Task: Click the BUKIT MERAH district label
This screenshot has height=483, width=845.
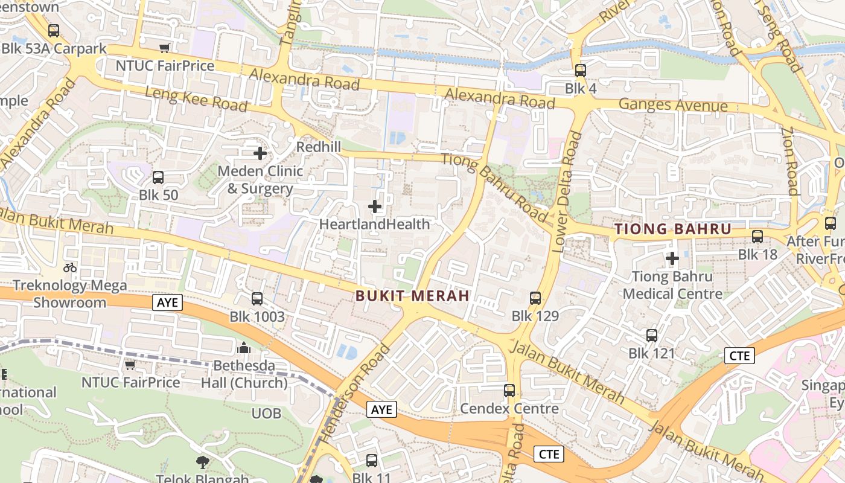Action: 413,296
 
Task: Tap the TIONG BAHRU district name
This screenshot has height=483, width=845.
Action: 673,229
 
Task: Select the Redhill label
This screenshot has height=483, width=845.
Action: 319,147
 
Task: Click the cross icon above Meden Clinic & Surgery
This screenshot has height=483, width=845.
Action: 260,153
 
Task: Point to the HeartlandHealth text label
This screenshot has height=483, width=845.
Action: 374,224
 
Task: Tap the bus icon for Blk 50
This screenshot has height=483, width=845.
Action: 158,178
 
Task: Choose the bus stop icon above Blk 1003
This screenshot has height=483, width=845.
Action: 257,298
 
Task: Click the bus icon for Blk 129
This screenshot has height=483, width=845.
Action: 535,298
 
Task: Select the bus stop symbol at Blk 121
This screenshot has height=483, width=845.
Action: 652,336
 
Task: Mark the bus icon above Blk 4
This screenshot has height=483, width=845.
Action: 581,71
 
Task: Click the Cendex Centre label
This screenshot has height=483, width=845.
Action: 509,409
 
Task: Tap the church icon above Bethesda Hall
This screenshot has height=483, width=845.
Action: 244,348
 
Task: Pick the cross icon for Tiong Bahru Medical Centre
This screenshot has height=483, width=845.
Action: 672,259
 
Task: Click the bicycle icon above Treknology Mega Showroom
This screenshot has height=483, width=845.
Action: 70,267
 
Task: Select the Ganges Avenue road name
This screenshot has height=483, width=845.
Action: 673,106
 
